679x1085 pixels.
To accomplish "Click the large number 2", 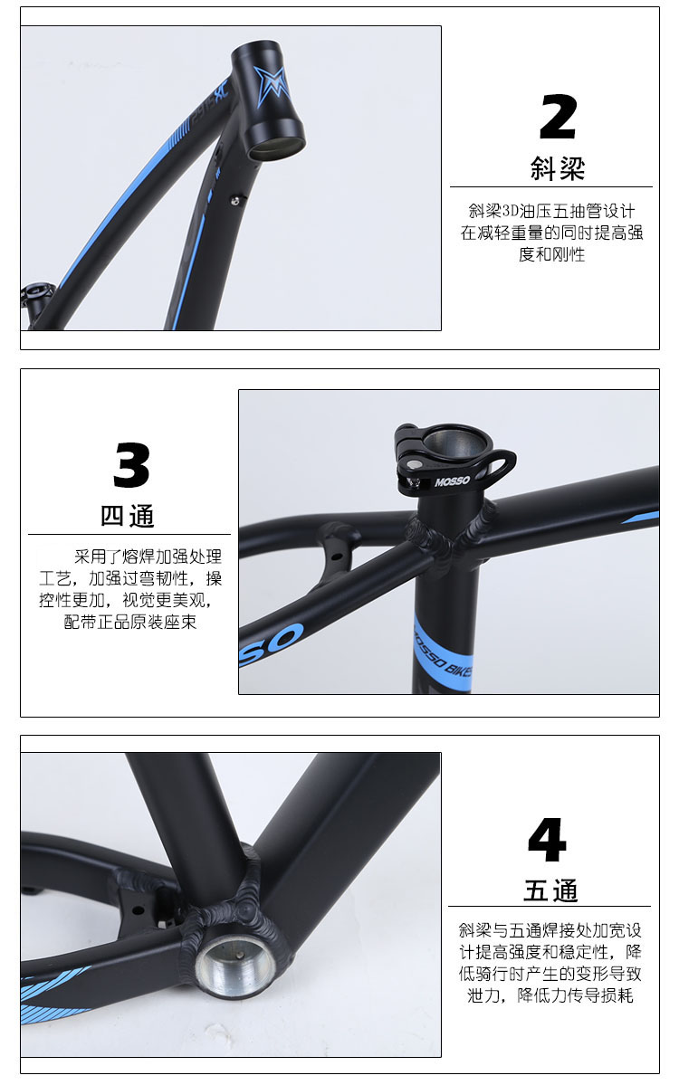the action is coord(558,117).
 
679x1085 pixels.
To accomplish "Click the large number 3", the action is coord(131,465).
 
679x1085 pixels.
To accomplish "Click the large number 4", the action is coord(547,840).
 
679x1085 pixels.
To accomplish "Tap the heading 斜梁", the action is coord(557,168).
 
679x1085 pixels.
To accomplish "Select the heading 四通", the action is coord(128,516).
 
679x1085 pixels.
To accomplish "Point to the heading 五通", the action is coord(550,890).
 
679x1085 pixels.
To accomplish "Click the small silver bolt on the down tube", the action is coord(235,201).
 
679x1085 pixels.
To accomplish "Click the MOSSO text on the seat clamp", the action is coord(452,481).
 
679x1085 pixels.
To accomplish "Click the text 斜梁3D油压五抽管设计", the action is coord(551,210).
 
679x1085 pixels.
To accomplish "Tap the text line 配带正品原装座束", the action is coord(130,622).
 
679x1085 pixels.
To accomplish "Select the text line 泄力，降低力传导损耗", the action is coord(550,995).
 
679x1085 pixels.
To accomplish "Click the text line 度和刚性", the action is coord(551,254).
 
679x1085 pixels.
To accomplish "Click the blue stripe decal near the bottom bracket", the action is coord(55,993).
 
